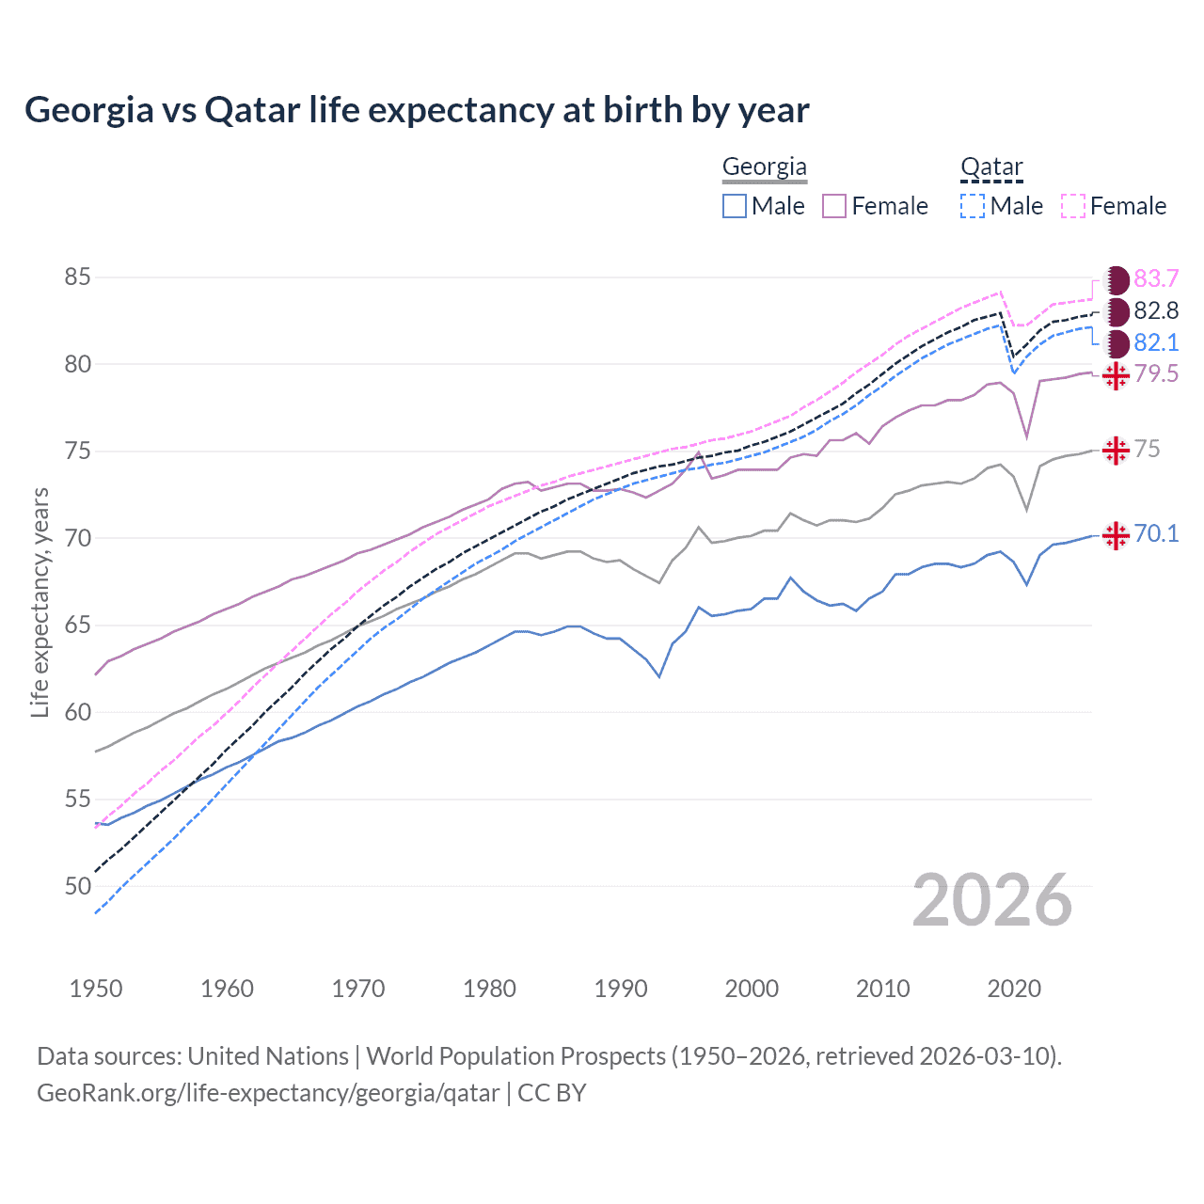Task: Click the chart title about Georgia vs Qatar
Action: pos(417,110)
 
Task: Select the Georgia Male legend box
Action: pos(735,206)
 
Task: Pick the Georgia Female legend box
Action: pos(834,206)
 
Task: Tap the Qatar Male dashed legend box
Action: pos(973,206)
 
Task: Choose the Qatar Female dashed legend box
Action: pos(1073,206)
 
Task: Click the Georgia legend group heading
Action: pos(764,167)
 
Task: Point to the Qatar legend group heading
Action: pos(991,167)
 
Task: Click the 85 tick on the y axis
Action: pos(78,277)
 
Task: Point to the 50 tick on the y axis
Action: pos(78,886)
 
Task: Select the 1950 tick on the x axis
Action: pos(96,989)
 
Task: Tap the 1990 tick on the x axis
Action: pos(621,989)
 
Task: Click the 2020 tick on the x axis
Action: pos(1014,989)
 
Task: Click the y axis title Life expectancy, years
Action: pos(40,602)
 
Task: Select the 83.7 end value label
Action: pos(1156,279)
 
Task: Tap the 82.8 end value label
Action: pos(1156,311)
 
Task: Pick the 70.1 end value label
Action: pos(1156,534)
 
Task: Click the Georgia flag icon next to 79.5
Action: pos(1116,375)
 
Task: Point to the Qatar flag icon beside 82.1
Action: pos(1117,343)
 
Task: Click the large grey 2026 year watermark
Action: pos(991,900)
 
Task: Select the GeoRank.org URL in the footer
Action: pos(268,1093)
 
